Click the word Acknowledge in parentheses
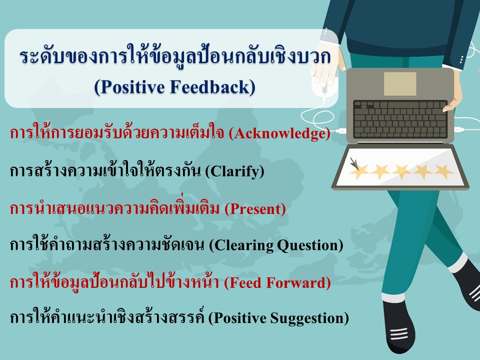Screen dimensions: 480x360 coord(279,133)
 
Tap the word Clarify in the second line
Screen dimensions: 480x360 coord(234,171)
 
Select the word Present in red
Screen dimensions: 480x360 coord(255,209)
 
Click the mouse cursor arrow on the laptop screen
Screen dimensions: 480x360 coord(354,164)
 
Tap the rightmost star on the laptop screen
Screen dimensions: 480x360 coord(443,171)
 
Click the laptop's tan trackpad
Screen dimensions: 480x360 coord(400,84)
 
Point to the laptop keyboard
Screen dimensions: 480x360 coord(400,119)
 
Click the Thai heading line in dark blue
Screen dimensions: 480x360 coord(175,57)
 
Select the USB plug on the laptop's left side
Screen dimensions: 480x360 coord(340,131)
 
